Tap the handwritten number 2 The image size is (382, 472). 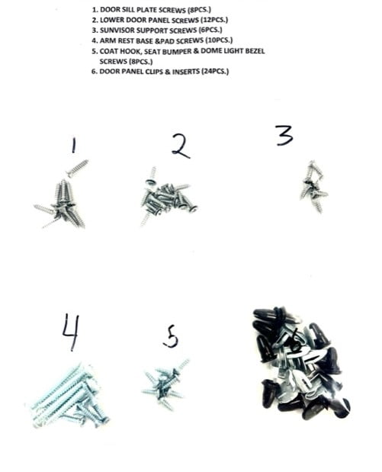point(180,145)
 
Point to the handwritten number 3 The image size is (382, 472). point(284,136)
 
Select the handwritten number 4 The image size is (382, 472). point(71,332)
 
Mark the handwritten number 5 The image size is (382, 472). point(172,335)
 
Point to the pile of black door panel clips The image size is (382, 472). point(299,362)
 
